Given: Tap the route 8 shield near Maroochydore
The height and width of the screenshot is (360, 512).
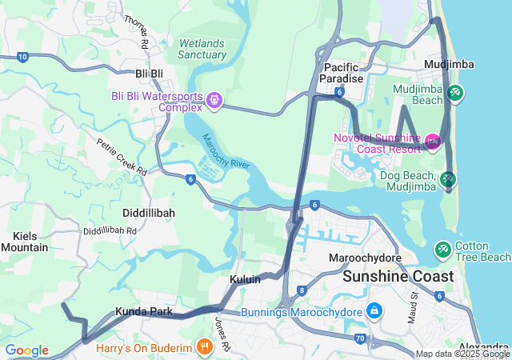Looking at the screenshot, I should point(302,290).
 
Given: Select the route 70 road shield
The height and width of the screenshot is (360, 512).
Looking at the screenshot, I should point(361,339).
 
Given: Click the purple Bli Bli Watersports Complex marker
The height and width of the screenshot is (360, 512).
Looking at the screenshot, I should point(214,100).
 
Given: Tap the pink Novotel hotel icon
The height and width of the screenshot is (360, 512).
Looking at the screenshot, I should point(433,142).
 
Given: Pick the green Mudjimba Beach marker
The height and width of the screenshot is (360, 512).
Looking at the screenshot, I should point(454,93).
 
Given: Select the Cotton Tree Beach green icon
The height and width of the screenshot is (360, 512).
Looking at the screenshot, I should point(442,250).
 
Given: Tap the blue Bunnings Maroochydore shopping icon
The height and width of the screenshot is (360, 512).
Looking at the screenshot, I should point(373,310).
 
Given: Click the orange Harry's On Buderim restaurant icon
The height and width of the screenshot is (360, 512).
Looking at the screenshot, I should point(205,347).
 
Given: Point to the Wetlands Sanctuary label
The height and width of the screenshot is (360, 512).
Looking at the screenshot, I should point(202,49).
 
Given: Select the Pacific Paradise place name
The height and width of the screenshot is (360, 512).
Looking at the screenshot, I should point(342,74).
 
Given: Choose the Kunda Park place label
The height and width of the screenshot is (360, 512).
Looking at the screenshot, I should point(143,310).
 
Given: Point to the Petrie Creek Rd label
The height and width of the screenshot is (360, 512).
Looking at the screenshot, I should point(122,158).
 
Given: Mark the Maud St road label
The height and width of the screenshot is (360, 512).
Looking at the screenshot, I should point(414,306).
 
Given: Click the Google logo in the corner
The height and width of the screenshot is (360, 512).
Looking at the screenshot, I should point(26,350).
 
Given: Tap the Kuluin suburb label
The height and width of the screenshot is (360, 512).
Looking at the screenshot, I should point(246,281).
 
